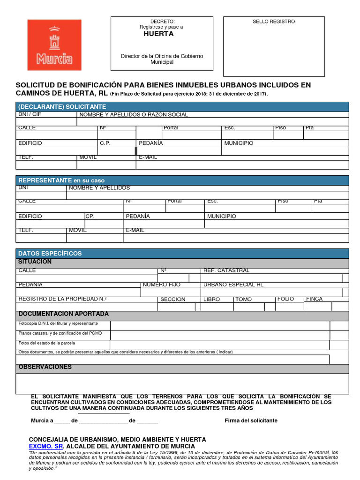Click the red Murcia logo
(x=54, y=45)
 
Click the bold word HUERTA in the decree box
(x=158, y=34)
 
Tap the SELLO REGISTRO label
(x=274, y=22)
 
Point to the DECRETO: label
(x=162, y=22)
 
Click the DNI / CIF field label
(x=29, y=114)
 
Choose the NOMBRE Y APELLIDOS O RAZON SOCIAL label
(x=134, y=114)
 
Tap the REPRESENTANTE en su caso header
(x=61, y=180)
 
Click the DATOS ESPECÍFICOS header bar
(x=50, y=253)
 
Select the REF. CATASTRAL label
(x=226, y=270)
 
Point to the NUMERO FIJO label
(x=161, y=285)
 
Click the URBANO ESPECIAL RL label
(x=233, y=285)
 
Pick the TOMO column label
(x=243, y=299)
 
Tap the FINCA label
(x=314, y=299)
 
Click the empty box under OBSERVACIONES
(x=182, y=383)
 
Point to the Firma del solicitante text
(x=251, y=420)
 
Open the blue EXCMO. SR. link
(x=45, y=446)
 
